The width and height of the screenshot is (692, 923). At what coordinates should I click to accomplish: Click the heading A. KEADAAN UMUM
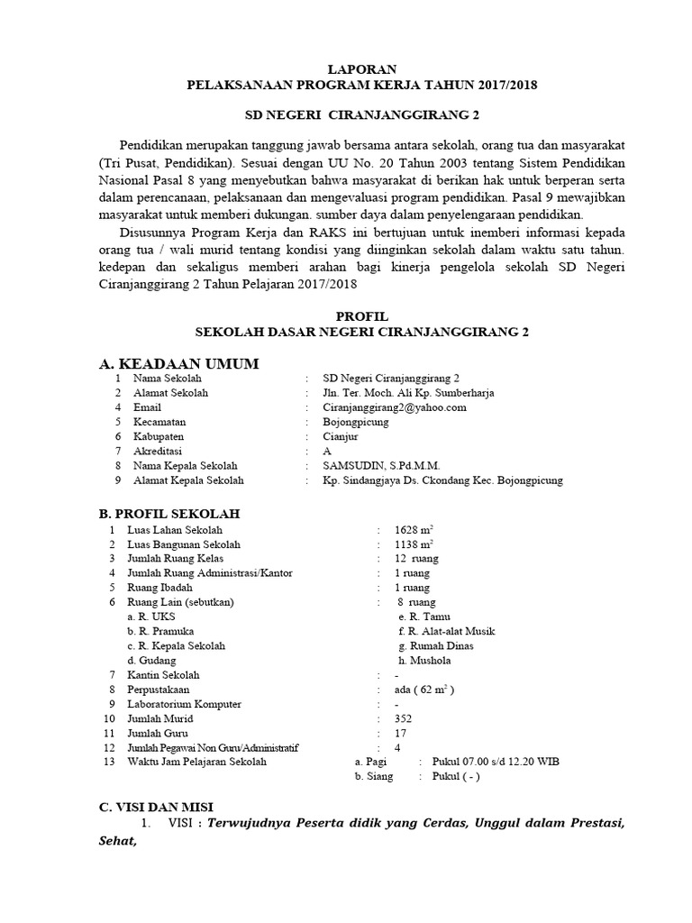178,362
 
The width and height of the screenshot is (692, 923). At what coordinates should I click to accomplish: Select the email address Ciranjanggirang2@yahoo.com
395,407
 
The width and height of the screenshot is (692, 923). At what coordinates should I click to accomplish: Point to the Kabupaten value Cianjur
341,436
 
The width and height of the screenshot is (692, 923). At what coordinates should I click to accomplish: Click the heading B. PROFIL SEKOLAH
168,514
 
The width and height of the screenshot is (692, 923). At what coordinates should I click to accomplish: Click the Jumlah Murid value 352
405,718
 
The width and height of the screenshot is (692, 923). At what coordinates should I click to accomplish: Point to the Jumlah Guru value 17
402,733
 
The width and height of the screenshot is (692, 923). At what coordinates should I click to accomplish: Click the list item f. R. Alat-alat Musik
446,631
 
